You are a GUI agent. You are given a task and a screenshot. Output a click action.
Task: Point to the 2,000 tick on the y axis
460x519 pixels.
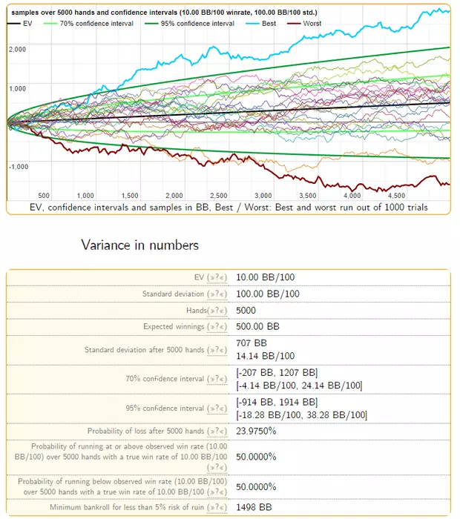point(18,49)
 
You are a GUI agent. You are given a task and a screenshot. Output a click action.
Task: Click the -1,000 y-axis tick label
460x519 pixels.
point(18,166)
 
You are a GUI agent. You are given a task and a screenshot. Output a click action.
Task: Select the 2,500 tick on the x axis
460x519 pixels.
point(219,195)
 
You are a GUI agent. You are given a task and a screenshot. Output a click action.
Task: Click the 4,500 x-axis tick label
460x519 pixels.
point(397,195)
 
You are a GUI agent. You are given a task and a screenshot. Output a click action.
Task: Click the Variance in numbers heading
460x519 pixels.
point(139,245)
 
